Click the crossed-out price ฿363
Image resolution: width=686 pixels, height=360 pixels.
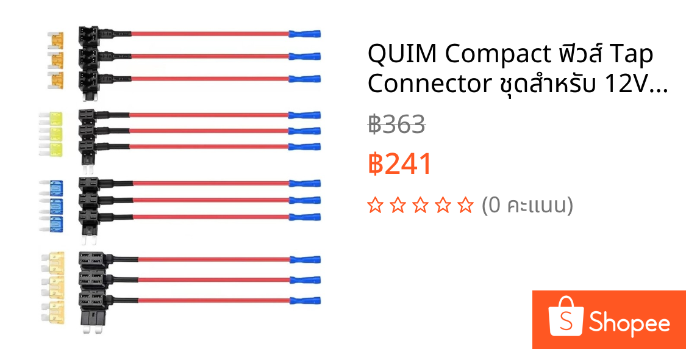click(x=396, y=124)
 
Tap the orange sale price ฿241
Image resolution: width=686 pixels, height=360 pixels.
click(x=400, y=164)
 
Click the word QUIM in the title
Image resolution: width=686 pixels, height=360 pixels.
click(x=402, y=54)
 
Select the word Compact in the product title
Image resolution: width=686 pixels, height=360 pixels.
click(x=498, y=55)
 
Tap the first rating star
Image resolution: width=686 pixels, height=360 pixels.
click(x=376, y=205)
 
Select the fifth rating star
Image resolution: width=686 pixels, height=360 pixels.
click(x=465, y=205)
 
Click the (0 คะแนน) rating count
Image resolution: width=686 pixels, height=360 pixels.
click(x=527, y=205)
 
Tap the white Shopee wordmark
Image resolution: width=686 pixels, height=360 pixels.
click(x=629, y=323)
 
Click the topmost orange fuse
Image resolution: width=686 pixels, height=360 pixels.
click(x=56, y=40)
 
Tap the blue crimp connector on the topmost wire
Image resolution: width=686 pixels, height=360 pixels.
click(x=304, y=34)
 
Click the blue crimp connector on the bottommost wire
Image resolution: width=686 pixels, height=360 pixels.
click(x=305, y=301)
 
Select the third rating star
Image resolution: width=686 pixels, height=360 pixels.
click(x=420, y=205)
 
